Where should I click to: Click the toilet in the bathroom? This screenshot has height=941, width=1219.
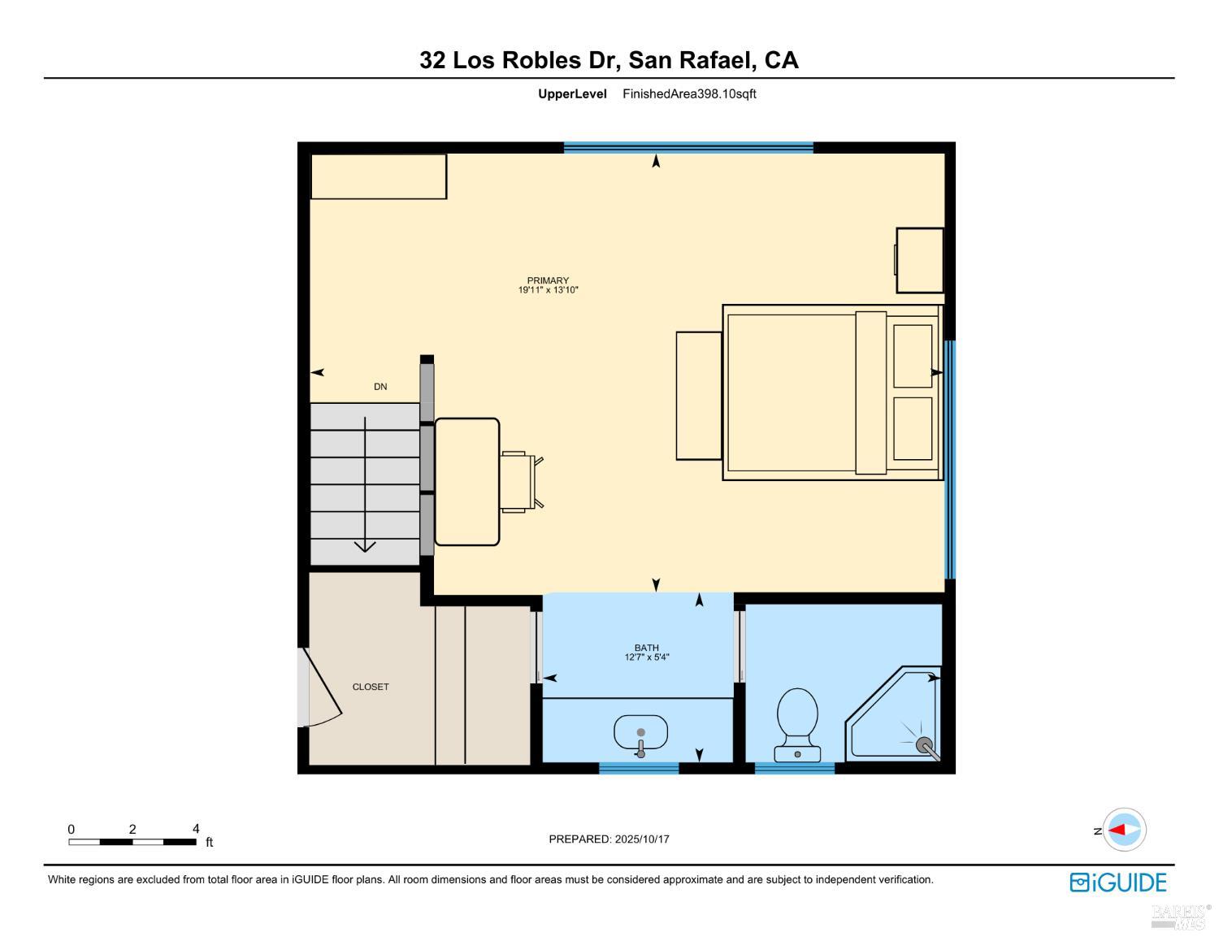point(797,722)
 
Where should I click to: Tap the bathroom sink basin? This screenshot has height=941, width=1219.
point(640,731)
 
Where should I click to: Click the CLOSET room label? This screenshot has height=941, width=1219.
point(371,687)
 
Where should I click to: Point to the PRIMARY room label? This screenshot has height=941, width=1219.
point(548,280)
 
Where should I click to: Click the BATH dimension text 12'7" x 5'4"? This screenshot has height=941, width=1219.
point(647,657)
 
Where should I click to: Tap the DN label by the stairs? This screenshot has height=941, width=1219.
point(380,387)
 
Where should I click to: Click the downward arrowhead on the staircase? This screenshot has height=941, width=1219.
point(365,546)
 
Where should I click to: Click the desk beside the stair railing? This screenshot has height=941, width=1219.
point(467,482)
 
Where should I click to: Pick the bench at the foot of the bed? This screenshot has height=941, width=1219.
point(699,396)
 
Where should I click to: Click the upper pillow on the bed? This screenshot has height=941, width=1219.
point(913,356)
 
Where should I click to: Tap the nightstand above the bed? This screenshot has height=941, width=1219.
point(920,260)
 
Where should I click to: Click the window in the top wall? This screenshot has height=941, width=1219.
point(688,147)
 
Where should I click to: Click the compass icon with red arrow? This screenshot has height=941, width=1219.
point(1125,830)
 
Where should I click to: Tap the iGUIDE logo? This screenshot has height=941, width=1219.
point(1118,882)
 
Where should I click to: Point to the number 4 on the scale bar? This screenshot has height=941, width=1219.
point(196,829)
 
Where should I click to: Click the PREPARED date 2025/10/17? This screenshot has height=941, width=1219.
point(642,839)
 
